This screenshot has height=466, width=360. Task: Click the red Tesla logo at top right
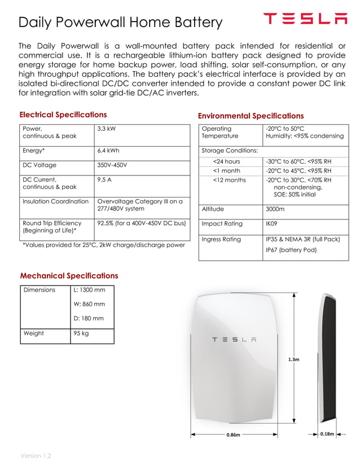[305, 19]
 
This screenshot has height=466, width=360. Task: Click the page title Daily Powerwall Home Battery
[120, 23]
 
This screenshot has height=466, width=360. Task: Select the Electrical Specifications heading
[63, 115]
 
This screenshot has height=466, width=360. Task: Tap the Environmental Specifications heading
[251, 116]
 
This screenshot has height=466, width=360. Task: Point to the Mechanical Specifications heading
[69, 276]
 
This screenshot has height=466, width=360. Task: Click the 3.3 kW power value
[106, 129]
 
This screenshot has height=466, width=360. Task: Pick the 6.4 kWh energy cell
[108, 151]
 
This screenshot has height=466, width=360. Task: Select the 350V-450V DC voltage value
[112, 166]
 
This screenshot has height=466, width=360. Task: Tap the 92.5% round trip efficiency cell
[141, 223]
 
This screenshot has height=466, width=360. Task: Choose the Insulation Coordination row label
[55, 201]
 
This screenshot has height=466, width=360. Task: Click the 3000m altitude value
[275, 209]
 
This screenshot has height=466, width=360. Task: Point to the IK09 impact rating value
[272, 224]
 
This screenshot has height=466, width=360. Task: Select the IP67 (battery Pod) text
[291, 250]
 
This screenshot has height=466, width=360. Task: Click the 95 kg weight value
[81, 333]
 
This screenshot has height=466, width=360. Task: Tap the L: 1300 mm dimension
[89, 290]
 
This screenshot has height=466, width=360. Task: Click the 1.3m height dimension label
[293, 359]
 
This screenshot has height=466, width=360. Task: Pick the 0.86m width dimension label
[233, 435]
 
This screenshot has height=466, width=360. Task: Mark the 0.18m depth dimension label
[327, 434]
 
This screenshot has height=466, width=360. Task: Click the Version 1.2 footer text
[36, 455]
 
